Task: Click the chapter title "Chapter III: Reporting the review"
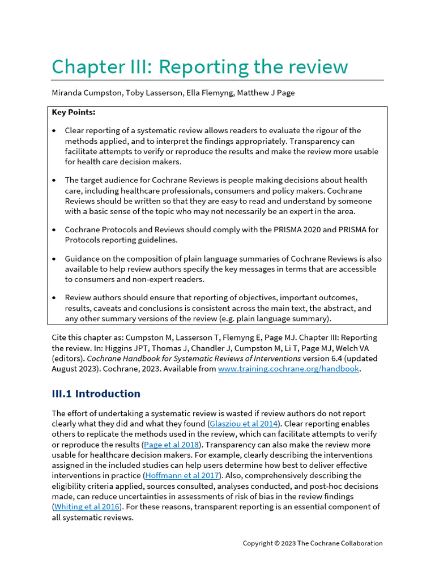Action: click(199, 67)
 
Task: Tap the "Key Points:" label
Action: click(74, 112)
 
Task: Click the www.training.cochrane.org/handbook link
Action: click(288, 369)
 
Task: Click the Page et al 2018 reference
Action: click(172, 445)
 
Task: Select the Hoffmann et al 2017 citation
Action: click(182, 476)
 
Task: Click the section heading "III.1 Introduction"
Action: click(96, 394)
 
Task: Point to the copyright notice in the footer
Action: click(313, 543)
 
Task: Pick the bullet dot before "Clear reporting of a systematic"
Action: click(54, 131)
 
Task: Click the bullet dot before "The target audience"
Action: click(54, 181)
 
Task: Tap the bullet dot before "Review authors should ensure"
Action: click(54, 298)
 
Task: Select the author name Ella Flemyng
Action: click(208, 93)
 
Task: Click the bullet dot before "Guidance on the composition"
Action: click(54, 259)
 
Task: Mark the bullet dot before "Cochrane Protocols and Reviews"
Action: click(54, 230)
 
